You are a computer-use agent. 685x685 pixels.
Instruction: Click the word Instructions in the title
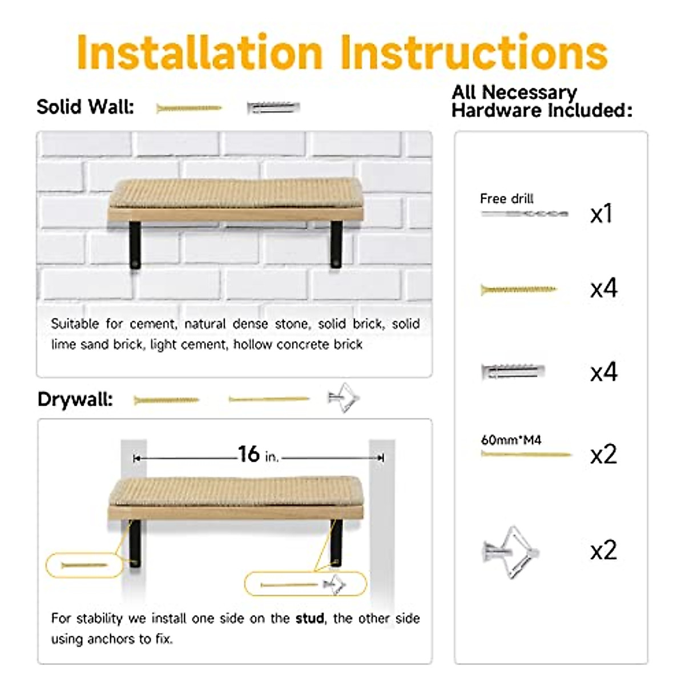(474, 53)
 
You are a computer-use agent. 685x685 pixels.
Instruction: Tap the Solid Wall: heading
(85, 107)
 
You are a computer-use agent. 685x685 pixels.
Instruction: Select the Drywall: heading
(75, 399)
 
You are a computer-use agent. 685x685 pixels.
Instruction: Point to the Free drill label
(506, 199)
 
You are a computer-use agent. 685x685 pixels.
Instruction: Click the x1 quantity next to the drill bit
(601, 213)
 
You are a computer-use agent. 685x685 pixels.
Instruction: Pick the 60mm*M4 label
(511, 440)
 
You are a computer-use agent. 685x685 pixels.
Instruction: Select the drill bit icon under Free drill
(524, 214)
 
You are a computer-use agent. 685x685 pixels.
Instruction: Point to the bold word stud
(310, 618)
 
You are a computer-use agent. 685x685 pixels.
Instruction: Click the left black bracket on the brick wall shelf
(135, 245)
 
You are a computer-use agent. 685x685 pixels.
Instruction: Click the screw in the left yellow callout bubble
(84, 565)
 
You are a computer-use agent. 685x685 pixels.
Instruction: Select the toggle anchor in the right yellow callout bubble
(335, 585)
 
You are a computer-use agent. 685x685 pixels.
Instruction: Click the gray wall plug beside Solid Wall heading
(273, 107)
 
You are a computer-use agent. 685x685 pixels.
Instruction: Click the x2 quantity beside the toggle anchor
(603, 550)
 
